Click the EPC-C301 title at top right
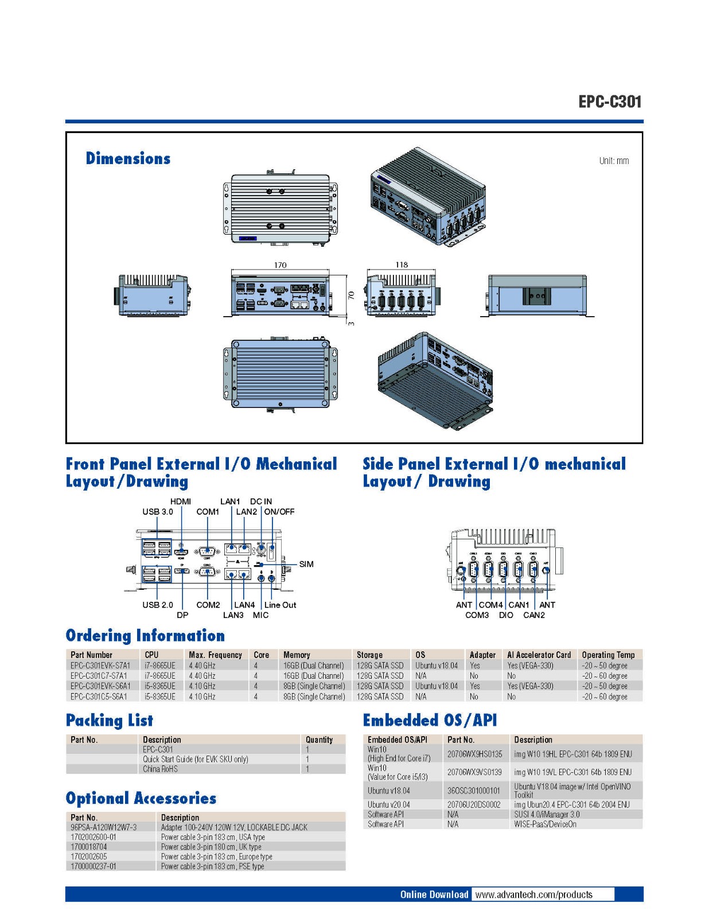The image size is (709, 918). coord(610,102)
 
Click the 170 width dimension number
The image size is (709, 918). coord(280,265)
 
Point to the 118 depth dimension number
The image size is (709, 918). coord(402,264)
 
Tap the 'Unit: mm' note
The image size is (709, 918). coord(614,161)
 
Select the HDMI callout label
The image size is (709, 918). coord(181,501)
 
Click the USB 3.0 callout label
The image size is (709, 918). coord(158,512)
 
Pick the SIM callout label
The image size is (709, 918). coord(306,564)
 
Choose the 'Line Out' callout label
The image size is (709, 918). coord(281,605)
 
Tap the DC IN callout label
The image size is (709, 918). coord(261,501)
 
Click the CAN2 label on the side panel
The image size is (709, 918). coord(534,615)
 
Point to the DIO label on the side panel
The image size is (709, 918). coord(506,615)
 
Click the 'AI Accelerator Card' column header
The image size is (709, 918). coord(539,655)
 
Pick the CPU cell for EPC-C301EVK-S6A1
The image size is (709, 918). coord(160,686)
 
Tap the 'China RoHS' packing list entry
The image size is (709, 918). coord(161,769)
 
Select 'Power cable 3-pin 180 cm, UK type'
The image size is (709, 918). coord(211,847)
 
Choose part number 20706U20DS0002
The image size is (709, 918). coord(474,805)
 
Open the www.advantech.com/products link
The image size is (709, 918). coord(533,894)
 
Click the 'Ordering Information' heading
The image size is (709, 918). coord(145,636)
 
